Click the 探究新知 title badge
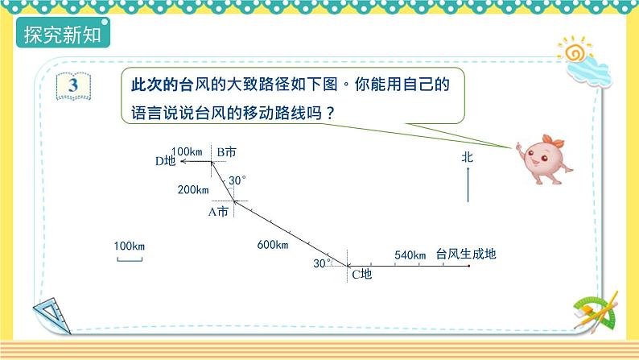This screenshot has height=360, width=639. click(65, 36)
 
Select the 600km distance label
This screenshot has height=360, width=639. click(273, 245)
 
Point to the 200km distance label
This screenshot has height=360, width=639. click(192, 189)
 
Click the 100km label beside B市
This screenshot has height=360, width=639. click(187, 151)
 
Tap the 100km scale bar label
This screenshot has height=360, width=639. click(129, 246)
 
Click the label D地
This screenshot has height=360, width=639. click(165, 161)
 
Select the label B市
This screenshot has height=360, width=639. click(226, 151)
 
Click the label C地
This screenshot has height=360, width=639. click(361, 275)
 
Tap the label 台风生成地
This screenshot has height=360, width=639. click(466, 254)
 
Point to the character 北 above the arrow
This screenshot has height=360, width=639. click(468, 158)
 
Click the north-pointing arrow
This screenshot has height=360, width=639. click(468, 188)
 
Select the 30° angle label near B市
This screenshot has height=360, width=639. click(237, 180)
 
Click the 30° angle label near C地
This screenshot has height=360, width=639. click(322, 263)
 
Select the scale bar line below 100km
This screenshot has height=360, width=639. click(129, 259)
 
